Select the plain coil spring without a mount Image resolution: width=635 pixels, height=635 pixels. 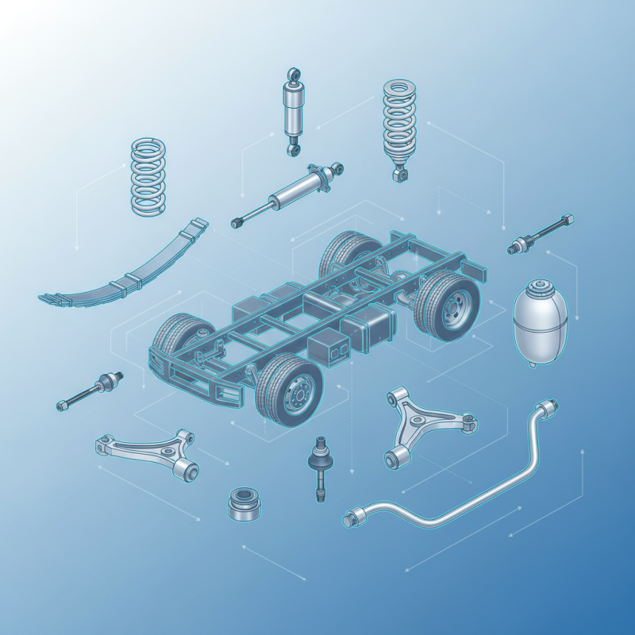coord(149,176)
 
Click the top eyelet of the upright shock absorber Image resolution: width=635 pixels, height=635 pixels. coord(294,72)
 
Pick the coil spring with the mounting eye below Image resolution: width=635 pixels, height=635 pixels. coord(400,127)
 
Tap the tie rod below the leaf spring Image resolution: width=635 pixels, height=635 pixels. coord(89,389)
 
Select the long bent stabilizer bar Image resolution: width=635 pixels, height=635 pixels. coord(460,484)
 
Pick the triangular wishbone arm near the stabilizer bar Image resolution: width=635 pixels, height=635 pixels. coord(425,425)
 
